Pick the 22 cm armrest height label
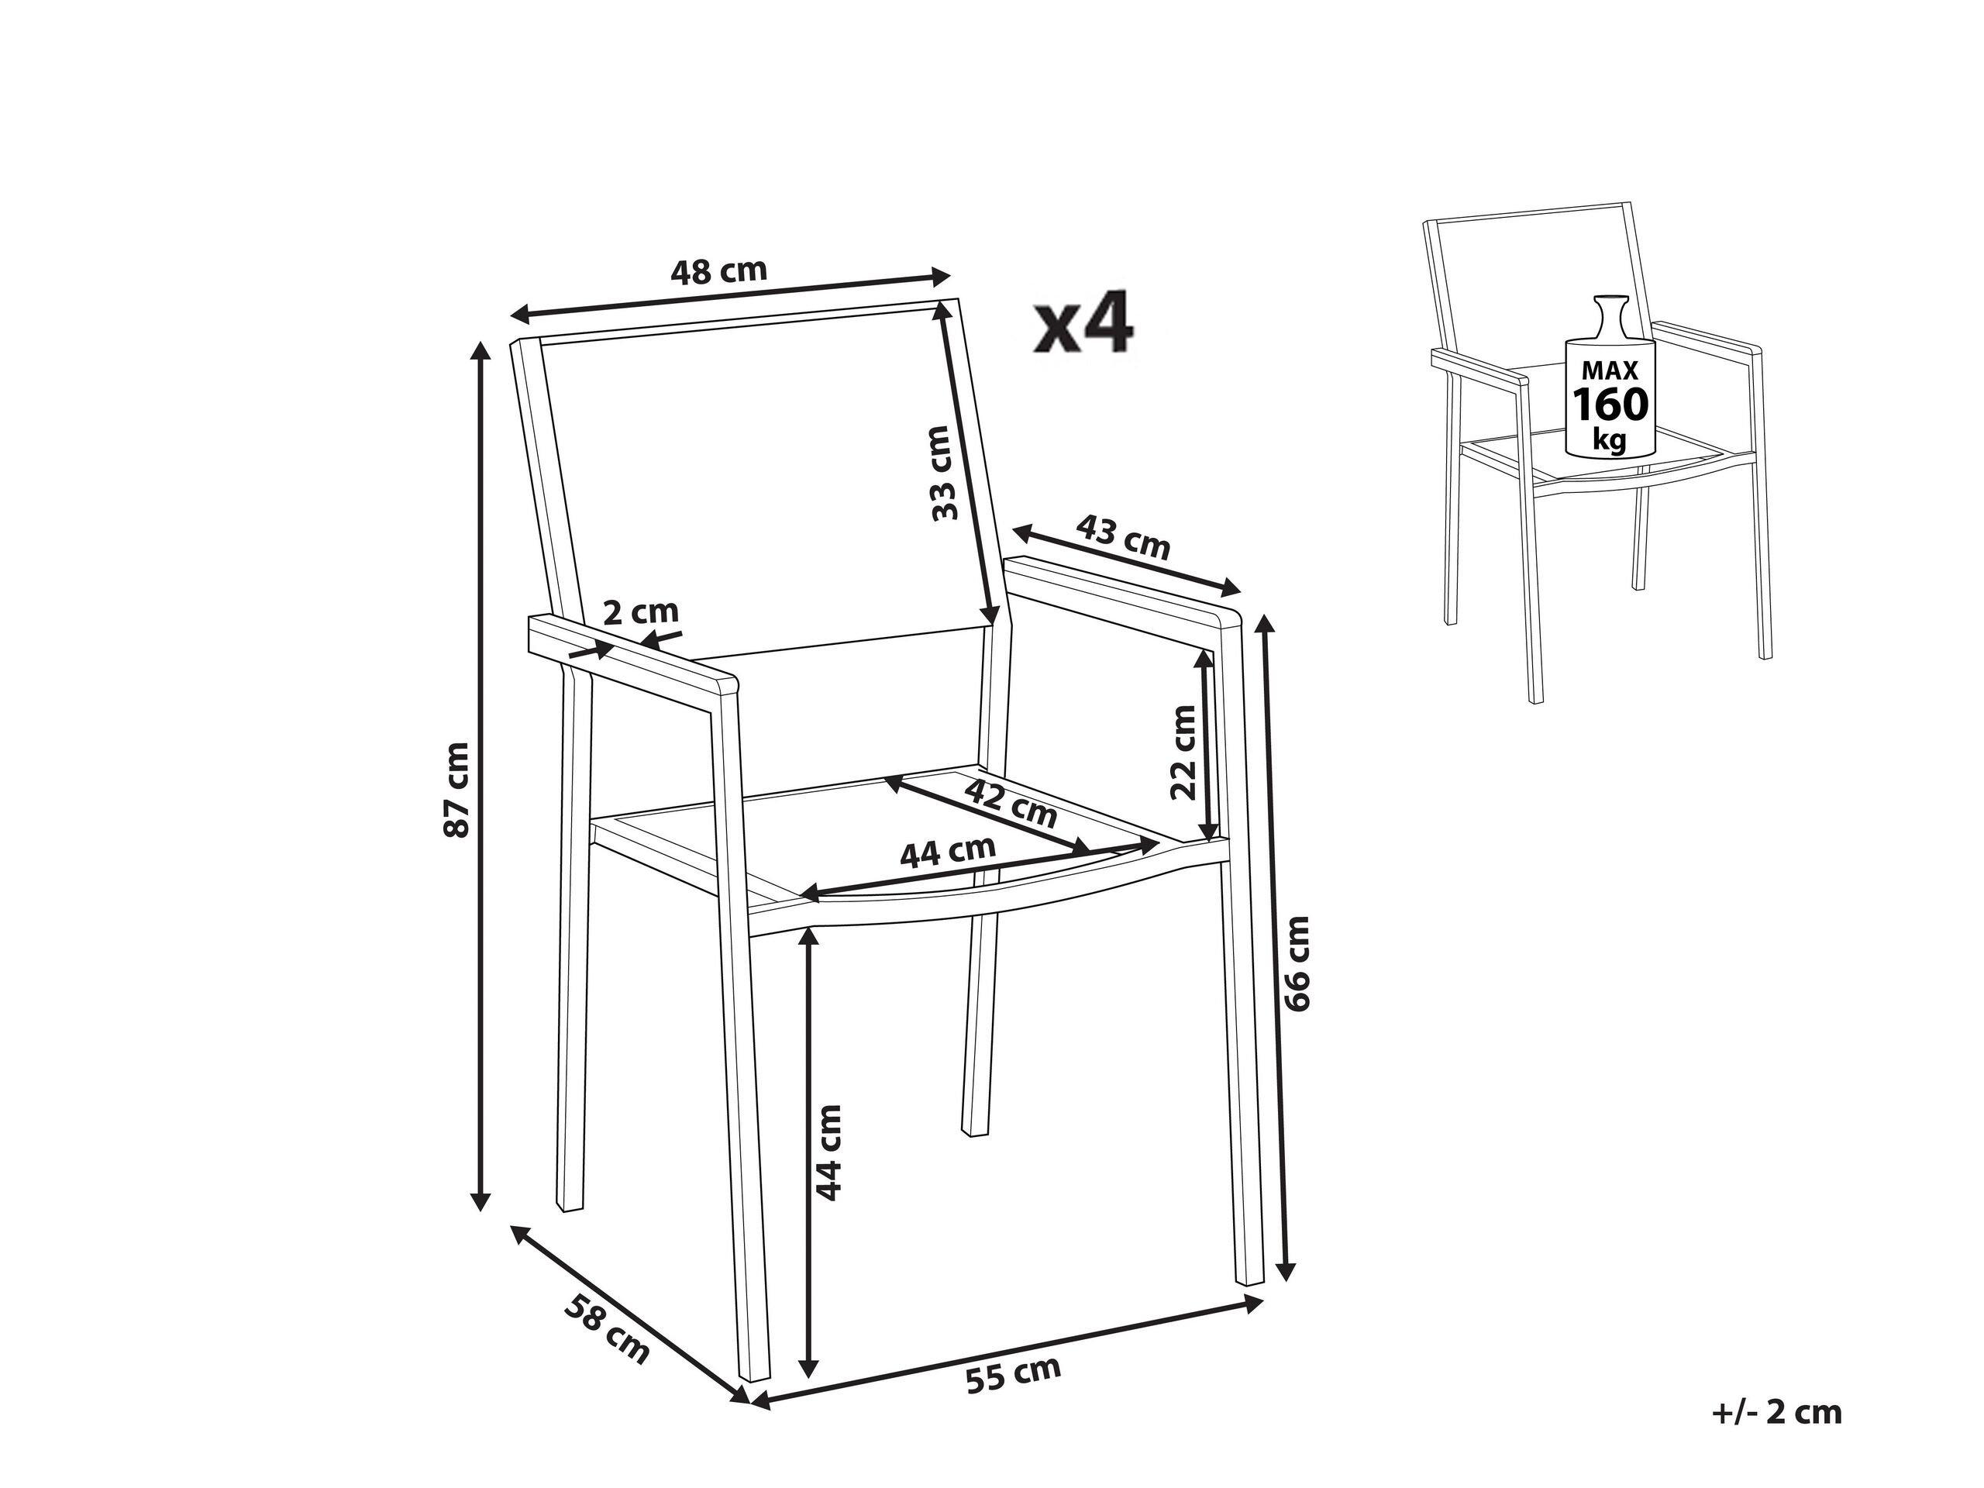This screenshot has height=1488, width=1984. pyautogui.click(x=1184, y=752)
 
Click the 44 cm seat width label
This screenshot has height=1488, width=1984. pyautogui.click(x=948, y=852)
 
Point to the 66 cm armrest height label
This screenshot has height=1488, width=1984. pyautogui.click(x=1297, y=963)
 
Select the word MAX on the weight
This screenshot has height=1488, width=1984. pyautogui.click(x=1610, y=370)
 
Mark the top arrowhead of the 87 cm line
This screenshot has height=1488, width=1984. pyautogui.click(x=481, y=352)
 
